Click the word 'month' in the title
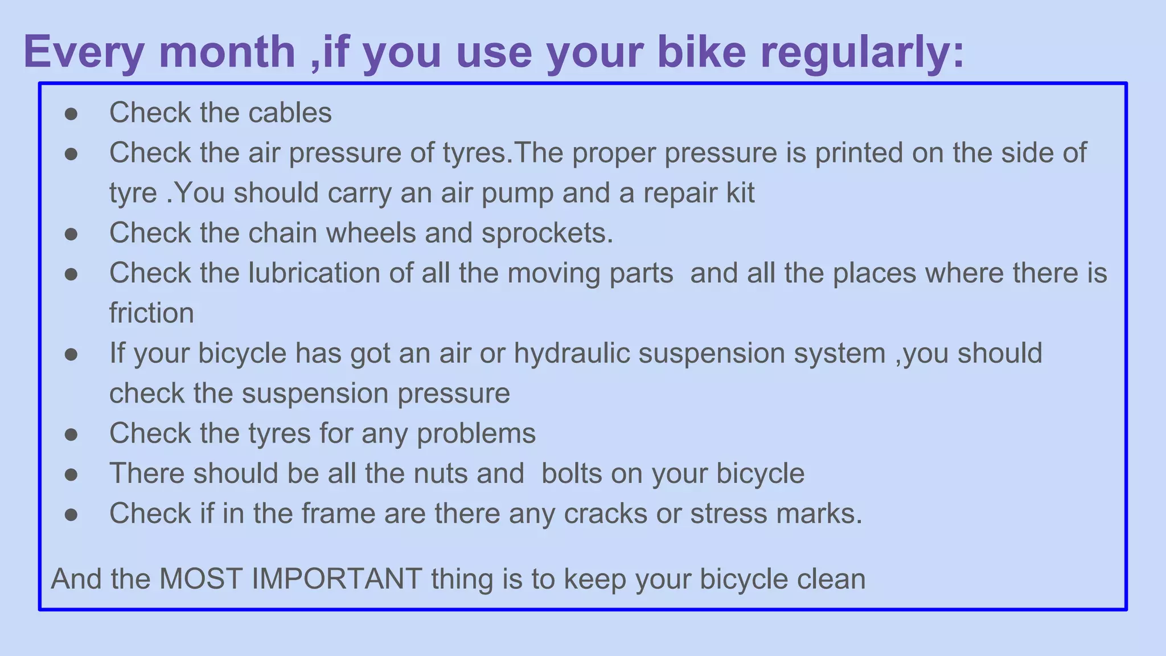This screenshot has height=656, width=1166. (227, 52)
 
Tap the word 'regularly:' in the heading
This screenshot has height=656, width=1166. (863, 52)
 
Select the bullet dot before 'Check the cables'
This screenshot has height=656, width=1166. (71, 114)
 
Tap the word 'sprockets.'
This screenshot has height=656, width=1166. (547, 233)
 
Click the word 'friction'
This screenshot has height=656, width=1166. (151, 313)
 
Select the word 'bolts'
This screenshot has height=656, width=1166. (572, 473)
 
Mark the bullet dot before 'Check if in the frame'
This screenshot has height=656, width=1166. (71, 515)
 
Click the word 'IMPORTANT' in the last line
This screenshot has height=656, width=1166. (336, 579)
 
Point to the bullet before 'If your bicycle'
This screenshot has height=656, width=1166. (71, 355)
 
